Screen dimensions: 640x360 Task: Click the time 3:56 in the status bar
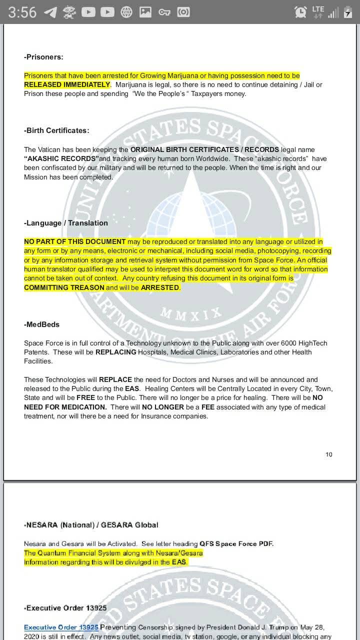click(22, 12)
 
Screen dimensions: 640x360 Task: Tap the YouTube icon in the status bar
click(88, 12)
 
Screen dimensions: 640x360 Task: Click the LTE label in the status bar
click(318, 9)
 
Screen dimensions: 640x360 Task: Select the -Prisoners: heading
click(43, 57)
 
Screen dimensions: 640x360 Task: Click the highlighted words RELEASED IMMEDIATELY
click(66, 84)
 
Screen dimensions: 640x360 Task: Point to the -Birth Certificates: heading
click(56, 130)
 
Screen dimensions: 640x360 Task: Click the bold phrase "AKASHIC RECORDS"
click(61, 158)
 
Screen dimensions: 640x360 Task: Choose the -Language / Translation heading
click(66, 223)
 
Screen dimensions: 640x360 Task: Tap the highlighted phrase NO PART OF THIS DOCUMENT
click(74, 241)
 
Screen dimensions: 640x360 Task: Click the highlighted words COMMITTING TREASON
click(64, 287)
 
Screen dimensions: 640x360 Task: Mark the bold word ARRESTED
click(160, 287)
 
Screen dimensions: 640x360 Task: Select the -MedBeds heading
click(41, 324)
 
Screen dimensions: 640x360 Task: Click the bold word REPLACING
click(115, 352)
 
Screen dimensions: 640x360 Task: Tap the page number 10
click(328, 454)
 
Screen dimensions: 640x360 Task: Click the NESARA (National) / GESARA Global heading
click(91, 525)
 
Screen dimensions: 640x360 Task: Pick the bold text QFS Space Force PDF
click(236, 543)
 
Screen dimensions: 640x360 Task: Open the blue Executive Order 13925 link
click(61, 627)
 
